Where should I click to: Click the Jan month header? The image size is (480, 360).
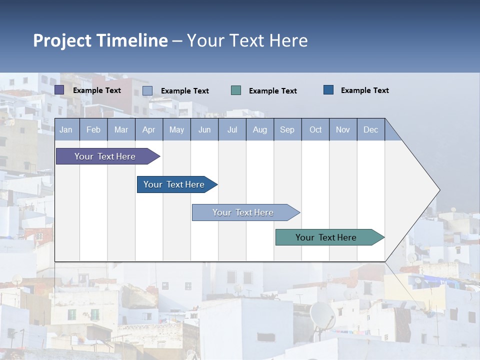(x=66, y=130)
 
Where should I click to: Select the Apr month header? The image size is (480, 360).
(x=148, y=130)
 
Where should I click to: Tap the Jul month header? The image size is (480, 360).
(x=232, y=130)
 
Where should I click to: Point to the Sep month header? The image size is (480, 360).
(x=287, y=130)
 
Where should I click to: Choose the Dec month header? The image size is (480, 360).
(x=370, y=130)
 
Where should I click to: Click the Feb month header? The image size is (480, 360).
(x=93, y=130)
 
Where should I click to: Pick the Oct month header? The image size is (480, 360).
(x=315, y=130)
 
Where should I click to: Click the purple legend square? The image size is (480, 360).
(x=59, y=90)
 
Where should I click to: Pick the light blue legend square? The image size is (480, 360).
(x=147, y=90)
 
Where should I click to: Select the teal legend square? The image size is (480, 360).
(x=236, y=90)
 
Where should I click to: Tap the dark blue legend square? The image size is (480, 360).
(x=328, y=90)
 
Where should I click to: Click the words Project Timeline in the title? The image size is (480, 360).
(x=100, y=40)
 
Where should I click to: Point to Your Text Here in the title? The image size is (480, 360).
(x=247, y=40)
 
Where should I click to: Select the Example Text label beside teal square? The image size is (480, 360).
(x=272, y=91)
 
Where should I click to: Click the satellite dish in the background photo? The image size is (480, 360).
(x=322, y=315)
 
